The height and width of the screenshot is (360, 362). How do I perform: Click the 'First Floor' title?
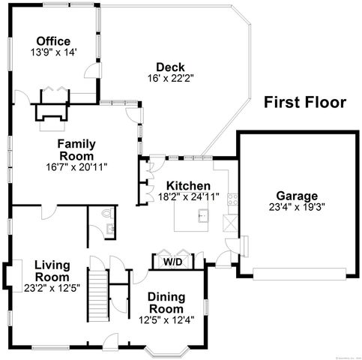pos(304,103)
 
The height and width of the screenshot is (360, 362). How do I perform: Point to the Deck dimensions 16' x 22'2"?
pos(165,78)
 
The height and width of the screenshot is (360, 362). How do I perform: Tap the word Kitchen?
pos(187,186)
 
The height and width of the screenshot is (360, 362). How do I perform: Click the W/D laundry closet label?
pos(173,262)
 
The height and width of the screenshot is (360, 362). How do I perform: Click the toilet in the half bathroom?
pos(108,213)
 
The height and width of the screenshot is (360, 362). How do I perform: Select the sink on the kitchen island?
pos(202,216)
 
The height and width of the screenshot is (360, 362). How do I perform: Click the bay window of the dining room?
pos(166,351)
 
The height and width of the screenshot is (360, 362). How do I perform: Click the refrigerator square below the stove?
pos(231,223)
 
